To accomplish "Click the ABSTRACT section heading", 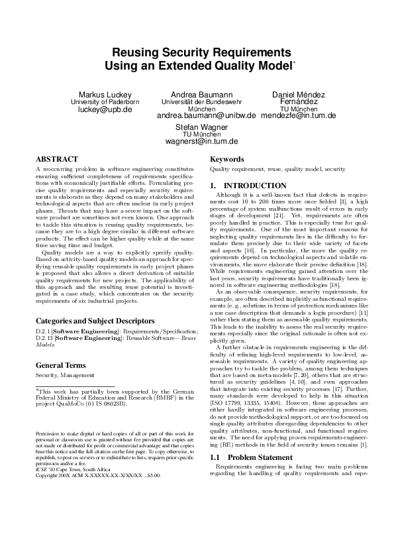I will tap(56, 160).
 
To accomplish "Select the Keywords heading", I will tap(227, 160).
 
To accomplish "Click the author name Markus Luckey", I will tap(105, 95).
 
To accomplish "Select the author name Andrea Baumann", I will tap(197, 95).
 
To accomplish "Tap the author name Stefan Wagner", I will tap(197, 126).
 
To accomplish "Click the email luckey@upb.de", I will tap(105, 110).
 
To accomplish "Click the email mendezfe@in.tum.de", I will tap(299, 115).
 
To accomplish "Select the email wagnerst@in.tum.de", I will tap(197, 141).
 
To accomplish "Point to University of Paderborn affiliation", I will tap(105, 102).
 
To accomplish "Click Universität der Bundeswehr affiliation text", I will tap(197, 102).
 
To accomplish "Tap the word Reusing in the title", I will tap(138, 52).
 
